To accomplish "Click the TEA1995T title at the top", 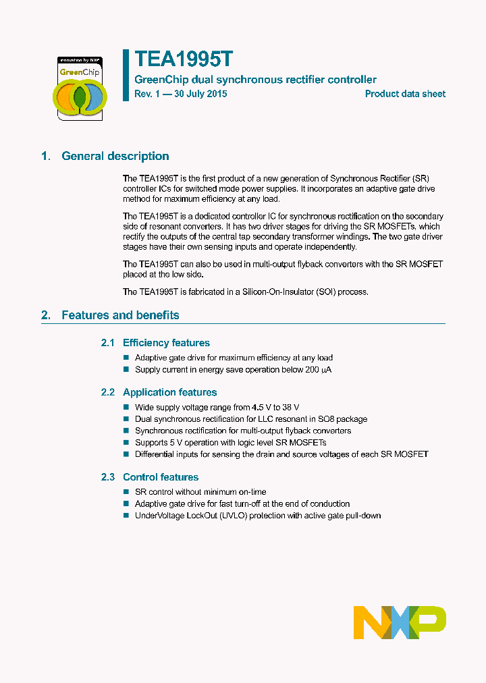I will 184,59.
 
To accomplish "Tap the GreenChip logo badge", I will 80,88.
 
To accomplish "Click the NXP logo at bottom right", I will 400,622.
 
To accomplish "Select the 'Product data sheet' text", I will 405,94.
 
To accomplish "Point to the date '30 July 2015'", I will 200,94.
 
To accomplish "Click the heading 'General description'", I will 115,156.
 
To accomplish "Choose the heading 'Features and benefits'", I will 120,315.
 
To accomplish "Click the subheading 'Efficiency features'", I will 166,343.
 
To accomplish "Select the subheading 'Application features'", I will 169,392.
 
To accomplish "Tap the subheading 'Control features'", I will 161,477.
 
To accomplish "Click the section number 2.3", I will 108,477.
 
